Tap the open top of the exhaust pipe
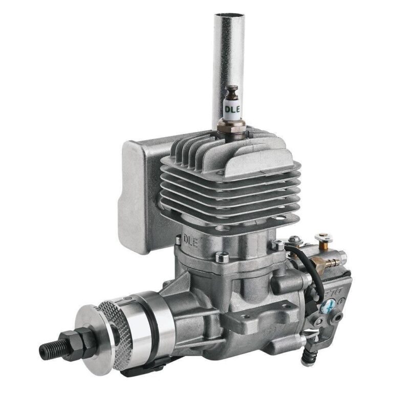pos(229,16)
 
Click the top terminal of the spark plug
pos(232,93)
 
